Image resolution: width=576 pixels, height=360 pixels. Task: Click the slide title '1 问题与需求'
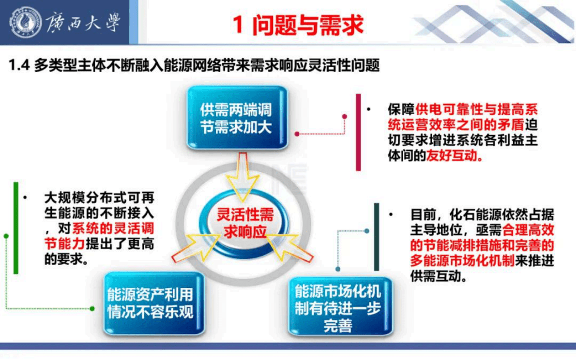point(298,25)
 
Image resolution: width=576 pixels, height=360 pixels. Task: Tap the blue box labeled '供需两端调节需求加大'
point(237,118)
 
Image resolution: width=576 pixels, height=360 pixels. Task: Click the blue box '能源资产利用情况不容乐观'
point(150,303)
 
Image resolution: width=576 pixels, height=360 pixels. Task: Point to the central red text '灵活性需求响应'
point(245,223)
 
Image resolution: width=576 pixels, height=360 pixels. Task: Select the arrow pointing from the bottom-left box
point(194,247)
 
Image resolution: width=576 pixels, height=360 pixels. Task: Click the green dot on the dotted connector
point(92,308)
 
